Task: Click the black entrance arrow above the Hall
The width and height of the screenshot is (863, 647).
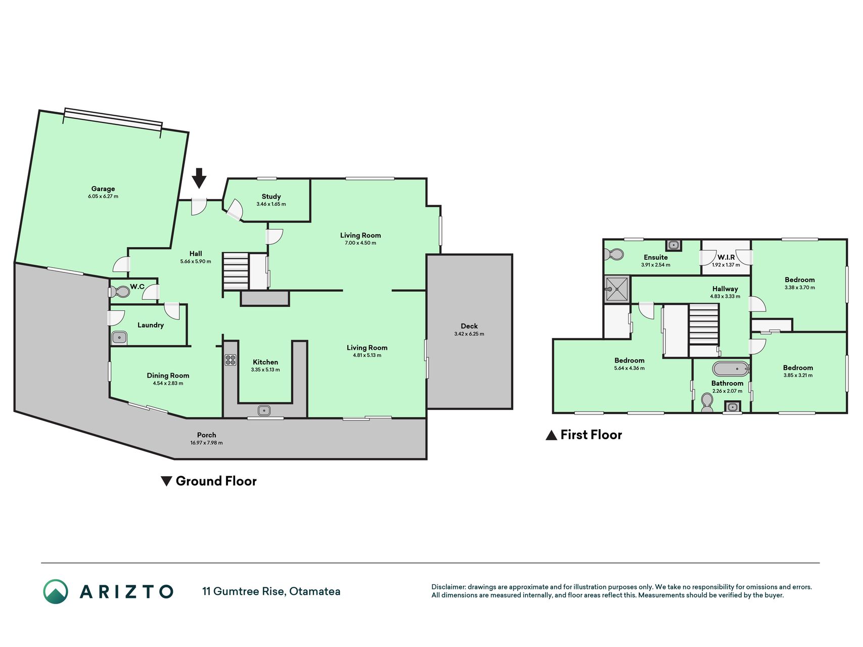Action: (x=199, y=178)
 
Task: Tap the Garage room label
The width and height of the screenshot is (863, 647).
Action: (x=103, y=189)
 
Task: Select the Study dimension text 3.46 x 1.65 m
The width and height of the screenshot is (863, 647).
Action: (x=271, y=204)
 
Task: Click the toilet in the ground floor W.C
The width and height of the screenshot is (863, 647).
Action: (x=120, y=292)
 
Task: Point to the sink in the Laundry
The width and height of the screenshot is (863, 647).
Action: (x=119, y=337)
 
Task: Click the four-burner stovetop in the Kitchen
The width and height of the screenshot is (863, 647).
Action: (x=231, y=360)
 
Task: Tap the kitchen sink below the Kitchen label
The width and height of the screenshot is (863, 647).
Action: (x=264, y=410)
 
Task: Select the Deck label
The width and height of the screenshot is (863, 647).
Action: (x=469, y=326)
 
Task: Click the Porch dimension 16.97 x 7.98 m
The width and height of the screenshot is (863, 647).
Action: (x=206, y=443)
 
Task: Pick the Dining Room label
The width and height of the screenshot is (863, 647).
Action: (x=168, y=376)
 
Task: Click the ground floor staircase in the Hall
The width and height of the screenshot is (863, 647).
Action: (x=236, y=272)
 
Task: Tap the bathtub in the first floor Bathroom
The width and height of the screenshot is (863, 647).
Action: (x=731, y=368)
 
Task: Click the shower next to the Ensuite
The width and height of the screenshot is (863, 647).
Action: (x=617, y=289)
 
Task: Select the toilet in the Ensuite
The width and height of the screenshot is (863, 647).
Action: (x=614, y=254)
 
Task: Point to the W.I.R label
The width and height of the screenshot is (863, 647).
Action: (x=726, y=257)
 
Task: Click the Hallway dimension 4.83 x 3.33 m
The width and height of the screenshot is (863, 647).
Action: (x=725, y=297)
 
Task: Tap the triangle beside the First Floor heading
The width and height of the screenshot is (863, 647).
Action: (x=551, y=435)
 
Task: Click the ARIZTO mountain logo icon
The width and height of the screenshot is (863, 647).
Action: (x=56, y=591)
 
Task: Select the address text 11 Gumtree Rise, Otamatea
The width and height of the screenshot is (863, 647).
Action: (x=271, y=591)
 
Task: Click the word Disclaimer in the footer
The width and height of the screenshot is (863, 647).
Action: (x=448, y=587)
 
